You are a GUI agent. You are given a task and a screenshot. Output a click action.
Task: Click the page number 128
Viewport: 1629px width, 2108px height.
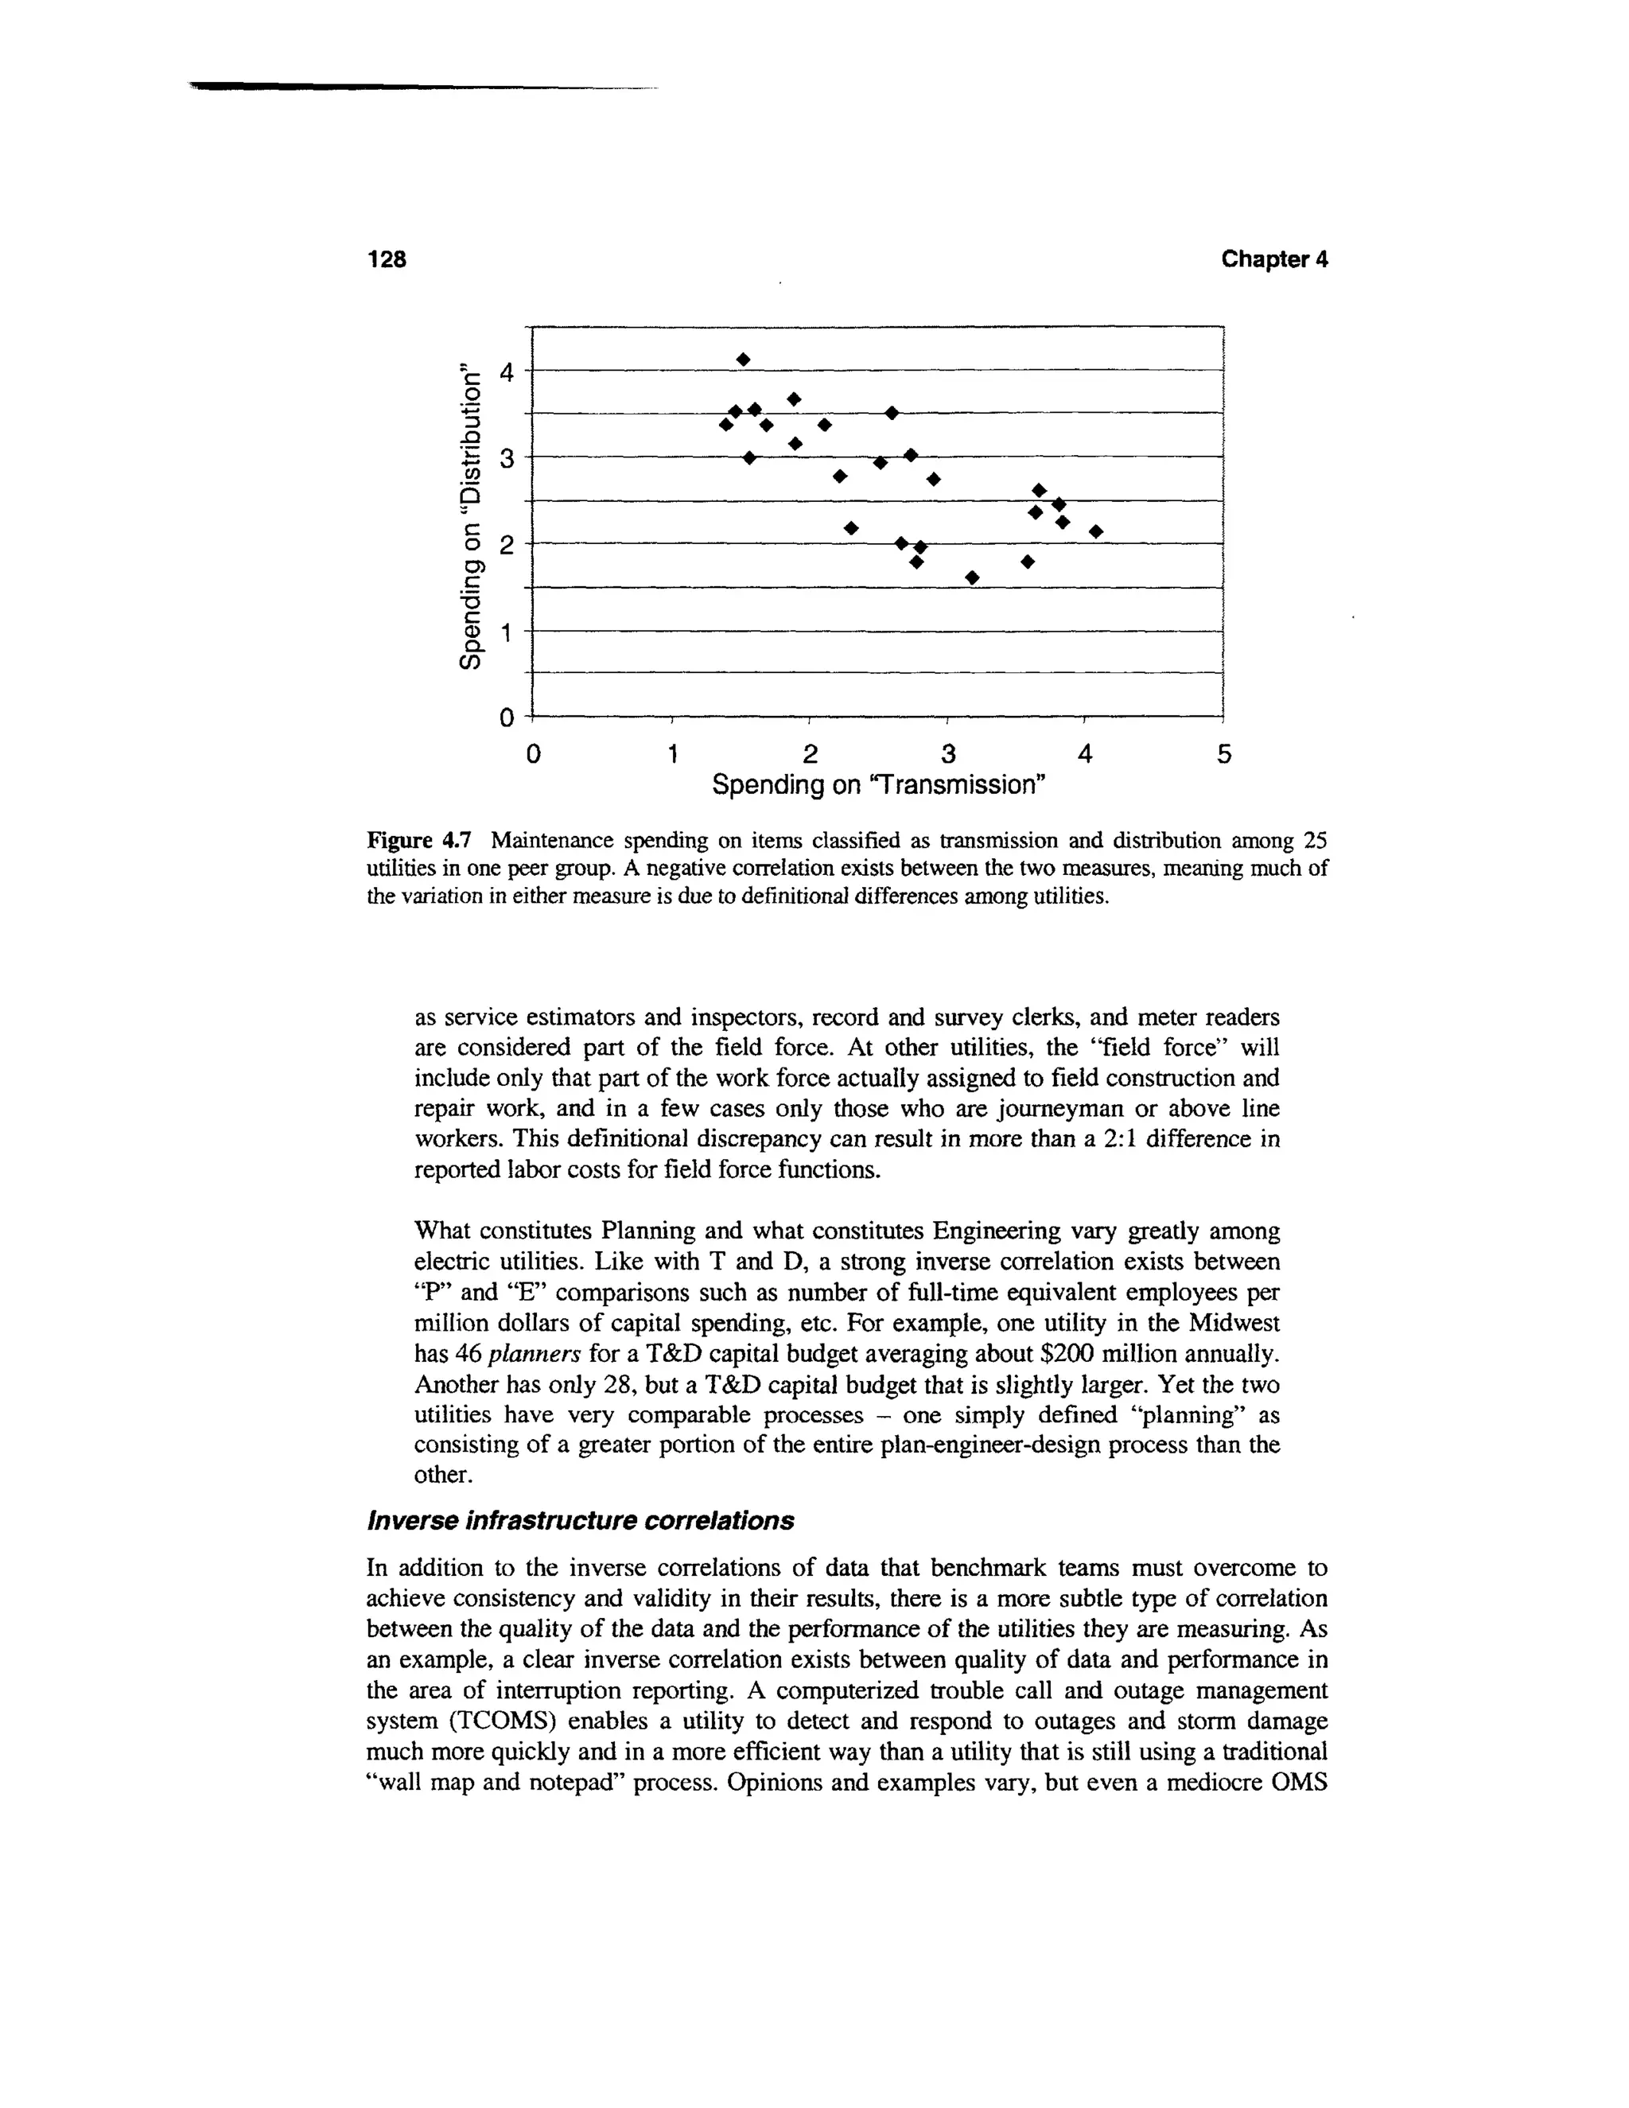click(x=387, y=259)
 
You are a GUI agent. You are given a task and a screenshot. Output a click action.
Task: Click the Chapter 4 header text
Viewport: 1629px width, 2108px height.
click(x=1274, y=259)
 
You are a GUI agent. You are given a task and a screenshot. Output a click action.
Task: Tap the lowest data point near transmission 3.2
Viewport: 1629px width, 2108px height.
click(x=972, y=578)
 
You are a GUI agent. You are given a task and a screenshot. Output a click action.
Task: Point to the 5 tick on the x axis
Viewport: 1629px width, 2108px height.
click(x=1223, y=754)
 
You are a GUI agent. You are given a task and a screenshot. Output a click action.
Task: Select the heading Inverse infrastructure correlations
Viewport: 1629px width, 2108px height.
click(x=580, y=1521)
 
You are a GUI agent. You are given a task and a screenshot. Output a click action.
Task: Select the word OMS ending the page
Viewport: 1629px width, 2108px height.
click(x=1299, y=1783)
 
